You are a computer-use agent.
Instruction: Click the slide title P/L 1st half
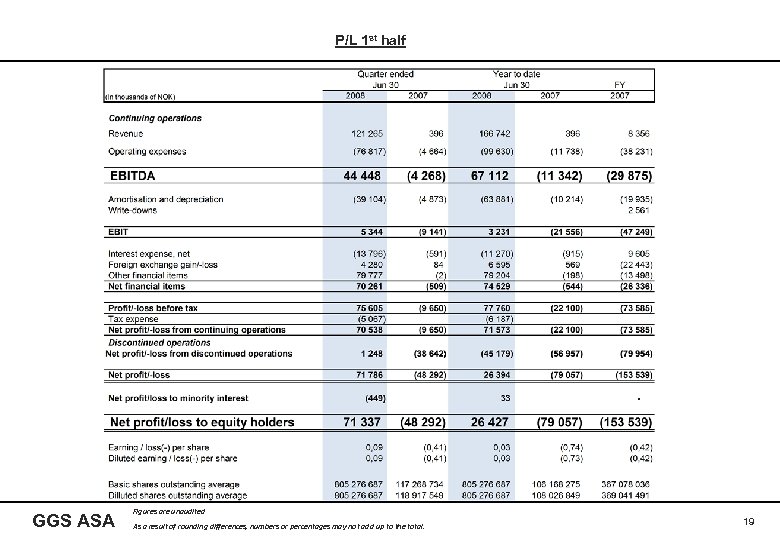coord(371,41)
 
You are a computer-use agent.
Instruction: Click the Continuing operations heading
coord(155,118)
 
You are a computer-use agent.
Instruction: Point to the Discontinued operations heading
coord(160,342)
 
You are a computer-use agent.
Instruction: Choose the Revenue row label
coord(126,134)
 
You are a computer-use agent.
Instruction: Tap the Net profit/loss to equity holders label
coord(202,422)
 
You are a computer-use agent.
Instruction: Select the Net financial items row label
coord(147,285)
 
